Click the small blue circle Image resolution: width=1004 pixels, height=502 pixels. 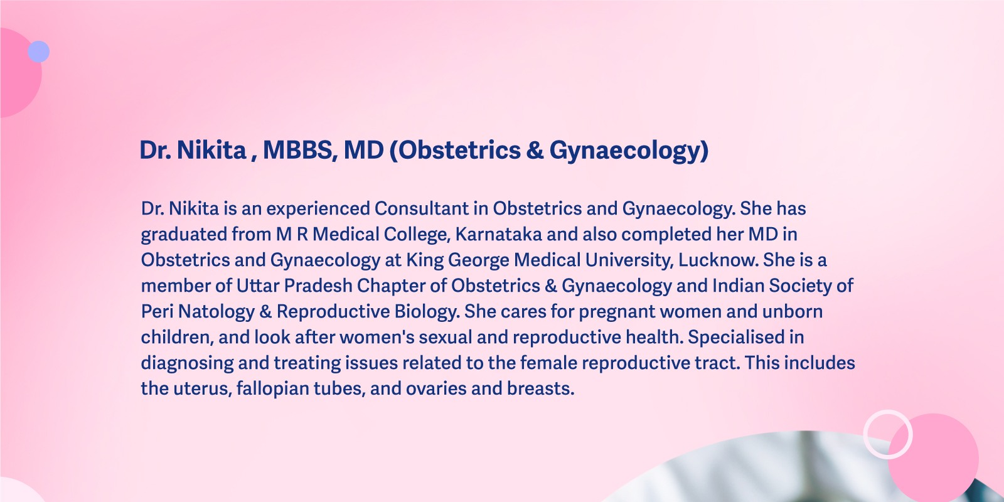pyautogui.click(x=38, y=51)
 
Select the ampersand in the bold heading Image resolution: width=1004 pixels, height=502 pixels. pyautogui.click(x=535, y=150)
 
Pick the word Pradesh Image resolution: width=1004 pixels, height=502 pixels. pyautogui.click(x=318, y=286)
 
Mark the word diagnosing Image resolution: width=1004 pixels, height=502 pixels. pyautogui.click(x=188, y=364)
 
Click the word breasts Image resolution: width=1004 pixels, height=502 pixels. pyautogui.click(x=540, y=388)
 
